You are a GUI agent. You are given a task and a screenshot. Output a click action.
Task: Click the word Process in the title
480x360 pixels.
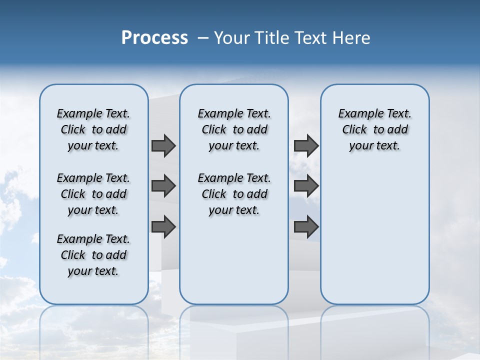154,37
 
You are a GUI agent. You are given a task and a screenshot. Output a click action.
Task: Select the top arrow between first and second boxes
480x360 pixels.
163,145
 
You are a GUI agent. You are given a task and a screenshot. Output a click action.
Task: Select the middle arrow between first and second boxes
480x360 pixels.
163,186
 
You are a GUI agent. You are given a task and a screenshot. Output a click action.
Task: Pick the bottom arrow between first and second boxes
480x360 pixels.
163,226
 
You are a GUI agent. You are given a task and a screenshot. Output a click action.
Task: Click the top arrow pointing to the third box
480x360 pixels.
306,145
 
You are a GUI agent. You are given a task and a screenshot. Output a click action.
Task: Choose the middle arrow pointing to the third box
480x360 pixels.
306,186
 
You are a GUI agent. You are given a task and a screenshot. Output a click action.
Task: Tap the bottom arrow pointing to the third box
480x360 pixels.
306,226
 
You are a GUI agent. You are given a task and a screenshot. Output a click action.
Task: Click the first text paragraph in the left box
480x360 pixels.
93,129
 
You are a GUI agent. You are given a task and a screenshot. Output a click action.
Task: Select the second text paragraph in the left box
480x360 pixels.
93,194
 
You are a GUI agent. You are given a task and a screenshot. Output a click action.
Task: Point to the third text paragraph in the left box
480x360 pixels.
93,255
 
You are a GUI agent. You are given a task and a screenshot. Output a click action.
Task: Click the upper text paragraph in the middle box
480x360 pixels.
234,129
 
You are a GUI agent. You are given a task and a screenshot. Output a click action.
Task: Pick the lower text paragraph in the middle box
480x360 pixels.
234,194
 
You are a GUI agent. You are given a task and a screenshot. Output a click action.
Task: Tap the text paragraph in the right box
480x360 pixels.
374,129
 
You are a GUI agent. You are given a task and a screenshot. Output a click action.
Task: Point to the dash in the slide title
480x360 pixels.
203,38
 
